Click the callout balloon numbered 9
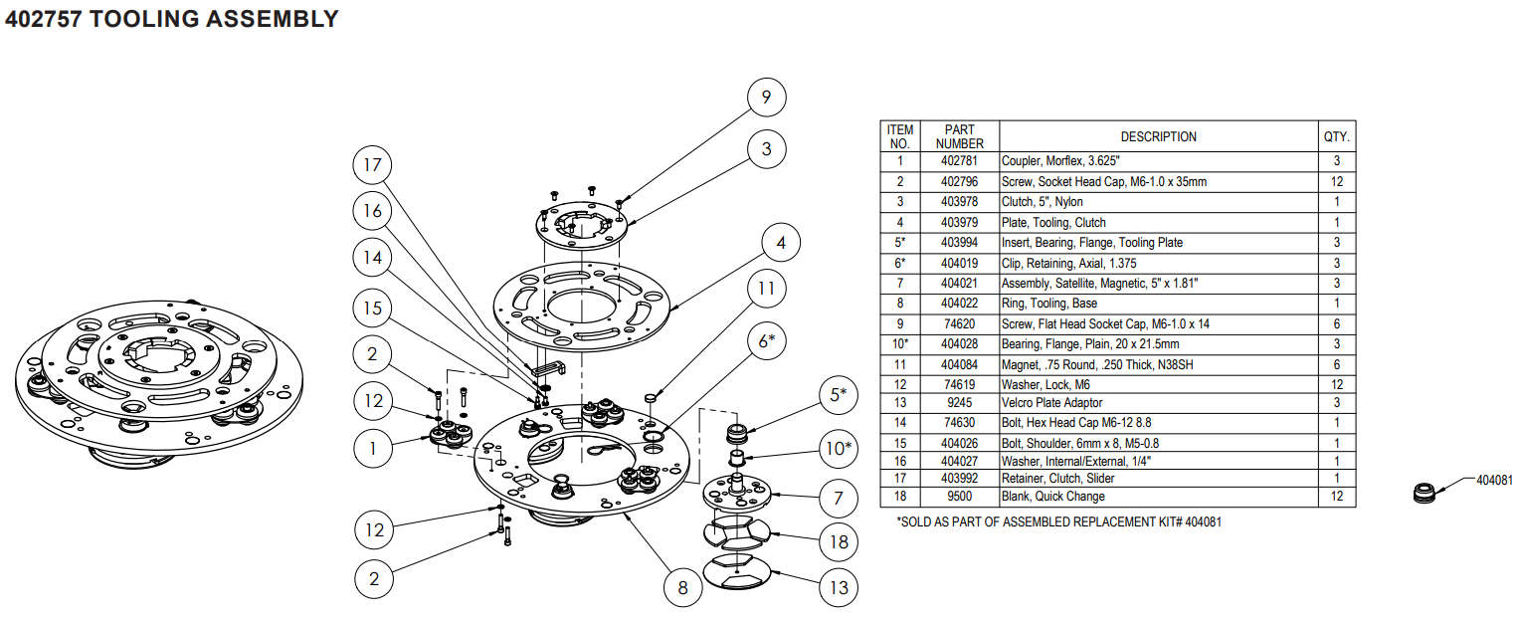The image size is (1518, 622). click(x=766, y=98)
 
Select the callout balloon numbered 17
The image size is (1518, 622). click(x=372, y=165)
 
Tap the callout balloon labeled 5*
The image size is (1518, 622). click(x=838, y=396)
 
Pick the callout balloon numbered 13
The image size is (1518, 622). click(x=839, y=587)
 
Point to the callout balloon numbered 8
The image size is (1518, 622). click(x=682, y=587)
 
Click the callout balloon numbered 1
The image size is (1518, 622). click(x=373, y=448)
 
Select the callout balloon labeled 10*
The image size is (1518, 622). click(x=838, y=448)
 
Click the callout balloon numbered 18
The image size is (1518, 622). click(x=839, y=542)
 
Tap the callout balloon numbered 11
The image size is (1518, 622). click(x=766, y=290)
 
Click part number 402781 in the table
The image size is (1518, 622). click(x=959, y=161)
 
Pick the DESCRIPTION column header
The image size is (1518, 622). click(x=1158, y=137)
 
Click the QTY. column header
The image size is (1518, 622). click(x=1336, y=137)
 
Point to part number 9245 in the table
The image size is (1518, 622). click(x=959, y=403)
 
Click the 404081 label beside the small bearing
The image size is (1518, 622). click(x=1494, y=480)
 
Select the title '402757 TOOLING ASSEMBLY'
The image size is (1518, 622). click(x=172, y=19)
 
